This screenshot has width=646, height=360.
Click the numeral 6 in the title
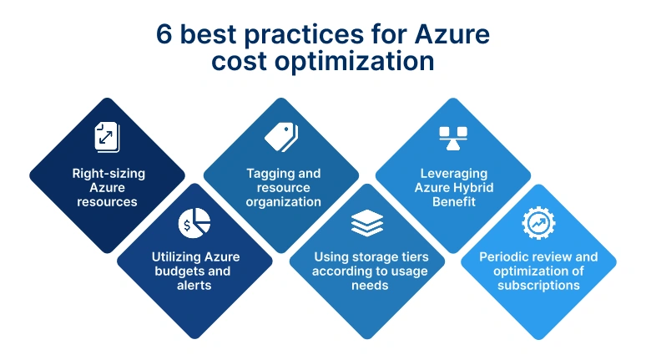point(164,35)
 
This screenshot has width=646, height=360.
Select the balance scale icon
point(453,136)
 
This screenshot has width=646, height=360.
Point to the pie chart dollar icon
point(194,223)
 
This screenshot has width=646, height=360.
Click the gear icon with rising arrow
point(539,223)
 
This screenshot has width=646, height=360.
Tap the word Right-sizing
point(108,174)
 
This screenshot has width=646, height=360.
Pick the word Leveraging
point(453,174)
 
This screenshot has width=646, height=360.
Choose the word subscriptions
point(538,285)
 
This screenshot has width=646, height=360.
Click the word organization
point(284,201)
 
